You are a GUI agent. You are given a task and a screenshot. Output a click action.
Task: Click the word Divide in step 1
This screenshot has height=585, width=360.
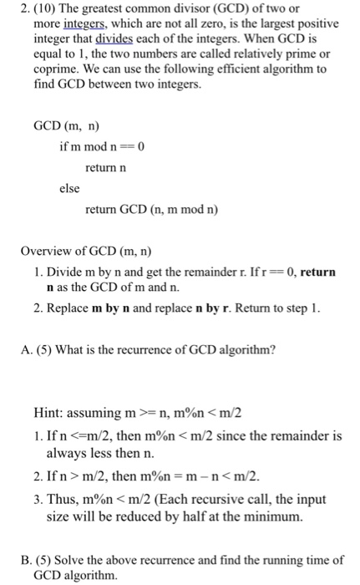54,272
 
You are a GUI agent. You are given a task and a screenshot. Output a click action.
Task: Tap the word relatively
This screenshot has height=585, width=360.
247,55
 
